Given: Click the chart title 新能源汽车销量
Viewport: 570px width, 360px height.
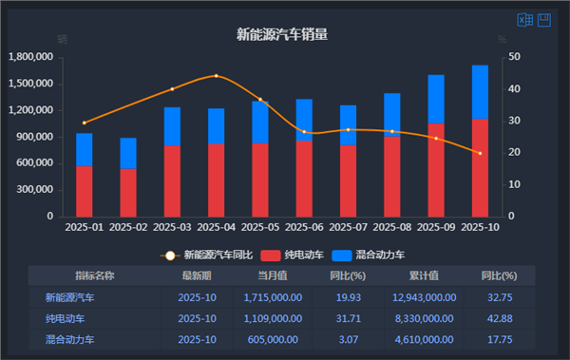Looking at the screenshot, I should pos(282,35).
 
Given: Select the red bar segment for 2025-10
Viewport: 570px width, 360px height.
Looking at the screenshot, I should pos(480,167).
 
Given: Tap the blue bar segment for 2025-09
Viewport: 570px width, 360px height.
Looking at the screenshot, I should pos(436,99).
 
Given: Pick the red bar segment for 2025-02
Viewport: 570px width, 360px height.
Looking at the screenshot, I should pos(128,193).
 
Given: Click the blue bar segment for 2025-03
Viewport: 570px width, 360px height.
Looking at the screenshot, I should pos(172,126).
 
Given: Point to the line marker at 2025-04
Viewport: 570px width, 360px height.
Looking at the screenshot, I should pos(216,76).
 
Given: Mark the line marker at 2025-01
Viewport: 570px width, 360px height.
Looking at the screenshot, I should pos(85,123).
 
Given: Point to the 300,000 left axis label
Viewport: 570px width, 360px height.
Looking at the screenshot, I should pos(35,190).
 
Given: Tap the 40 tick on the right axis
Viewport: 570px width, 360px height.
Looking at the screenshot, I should pos(514,89).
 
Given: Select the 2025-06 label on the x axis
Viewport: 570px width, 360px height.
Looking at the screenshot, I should pos(303,228).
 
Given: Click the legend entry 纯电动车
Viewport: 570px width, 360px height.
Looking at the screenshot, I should pos(294,256).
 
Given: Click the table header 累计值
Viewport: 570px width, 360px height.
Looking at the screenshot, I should pos(423,275).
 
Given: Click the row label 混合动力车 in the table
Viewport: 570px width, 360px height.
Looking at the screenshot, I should pos(70,338).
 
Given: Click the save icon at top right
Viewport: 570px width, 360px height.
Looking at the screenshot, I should pos(544,20).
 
